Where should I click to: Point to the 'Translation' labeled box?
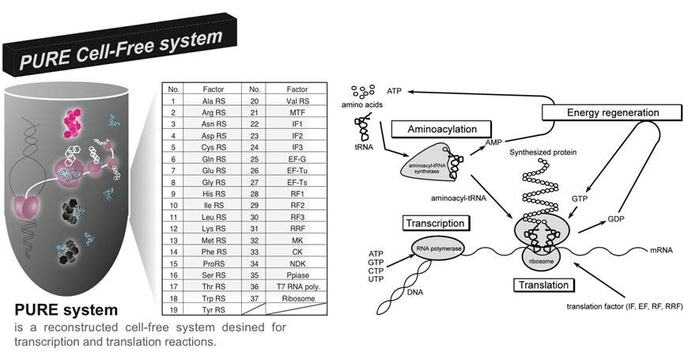coord(546,283)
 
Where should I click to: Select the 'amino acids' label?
coord(363,104)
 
